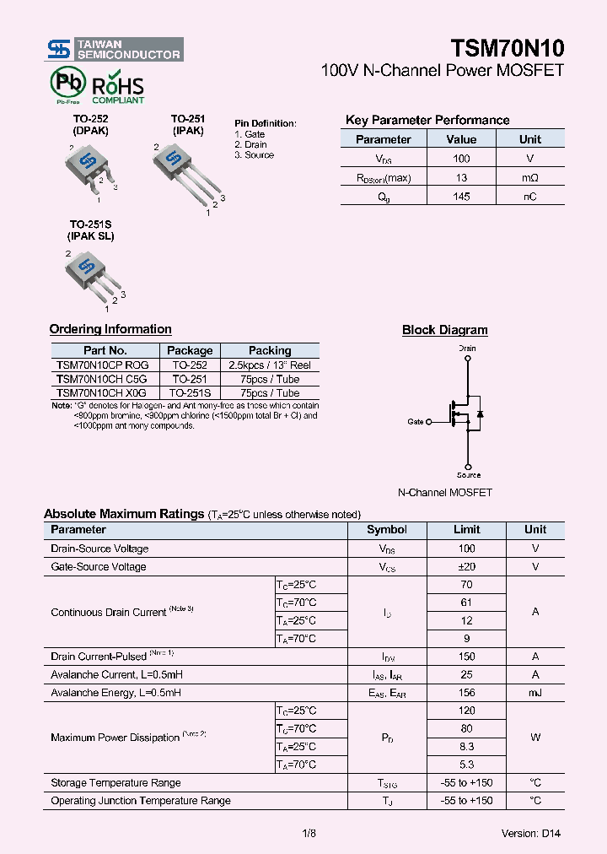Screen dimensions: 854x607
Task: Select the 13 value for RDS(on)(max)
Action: point(461,177)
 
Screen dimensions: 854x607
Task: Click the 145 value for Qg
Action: point(461,197)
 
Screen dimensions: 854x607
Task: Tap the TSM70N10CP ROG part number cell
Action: point(102,365)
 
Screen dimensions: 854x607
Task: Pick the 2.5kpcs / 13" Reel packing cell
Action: point(270,365)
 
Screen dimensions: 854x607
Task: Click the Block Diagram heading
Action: point(444,330)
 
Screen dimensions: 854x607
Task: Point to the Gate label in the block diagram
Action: point(416,421)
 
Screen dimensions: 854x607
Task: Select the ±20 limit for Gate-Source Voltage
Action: point(466,566)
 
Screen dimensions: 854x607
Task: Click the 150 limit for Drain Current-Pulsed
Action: point(466,656)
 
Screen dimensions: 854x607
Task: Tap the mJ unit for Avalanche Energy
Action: point(535,692)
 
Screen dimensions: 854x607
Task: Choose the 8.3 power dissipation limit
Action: point(466,746)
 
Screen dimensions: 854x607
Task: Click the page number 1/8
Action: point(308,833)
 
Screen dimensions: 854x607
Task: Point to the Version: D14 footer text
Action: point(530,833)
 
